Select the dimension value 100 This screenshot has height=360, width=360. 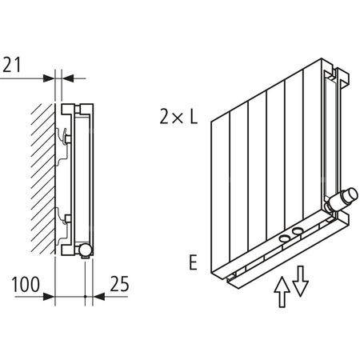pyautogui.click(x=26, y=283)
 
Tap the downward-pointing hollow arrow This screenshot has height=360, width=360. pyautogui.click(x=300, y=280)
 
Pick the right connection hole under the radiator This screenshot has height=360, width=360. pyautogui.click(x=298, y=231)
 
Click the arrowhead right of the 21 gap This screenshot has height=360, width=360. pyautogui.click(x=67, y=78)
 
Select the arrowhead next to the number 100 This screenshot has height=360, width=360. pyautogui.click(x=50, y=296)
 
